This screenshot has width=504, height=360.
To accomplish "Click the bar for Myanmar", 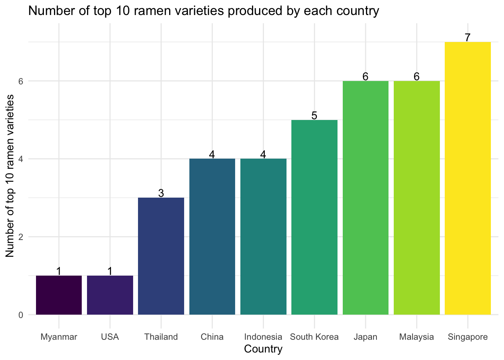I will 59,295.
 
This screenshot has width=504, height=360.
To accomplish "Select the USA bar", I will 110,295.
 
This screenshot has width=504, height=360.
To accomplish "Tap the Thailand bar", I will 161,256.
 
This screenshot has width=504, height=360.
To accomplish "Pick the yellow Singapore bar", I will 468,178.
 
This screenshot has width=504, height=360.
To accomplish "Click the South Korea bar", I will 314,217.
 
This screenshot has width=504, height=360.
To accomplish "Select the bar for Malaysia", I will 417,198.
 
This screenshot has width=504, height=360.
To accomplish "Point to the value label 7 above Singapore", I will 468,37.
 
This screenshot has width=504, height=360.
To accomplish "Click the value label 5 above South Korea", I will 314,115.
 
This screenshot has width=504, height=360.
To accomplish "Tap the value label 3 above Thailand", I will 161,193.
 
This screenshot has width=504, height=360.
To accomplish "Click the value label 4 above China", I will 212,154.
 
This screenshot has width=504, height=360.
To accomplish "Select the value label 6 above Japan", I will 365,76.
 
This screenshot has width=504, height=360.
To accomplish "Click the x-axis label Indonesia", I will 263,337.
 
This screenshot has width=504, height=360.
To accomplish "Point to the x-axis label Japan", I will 365,337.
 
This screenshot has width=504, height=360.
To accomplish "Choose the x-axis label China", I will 212,337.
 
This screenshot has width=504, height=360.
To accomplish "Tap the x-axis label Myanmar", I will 59,337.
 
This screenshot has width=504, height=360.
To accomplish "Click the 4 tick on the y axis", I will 21,159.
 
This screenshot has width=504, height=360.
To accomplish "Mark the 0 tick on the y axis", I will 21,315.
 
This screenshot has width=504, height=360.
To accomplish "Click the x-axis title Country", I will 263,349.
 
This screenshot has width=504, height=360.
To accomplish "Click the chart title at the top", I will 204,11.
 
